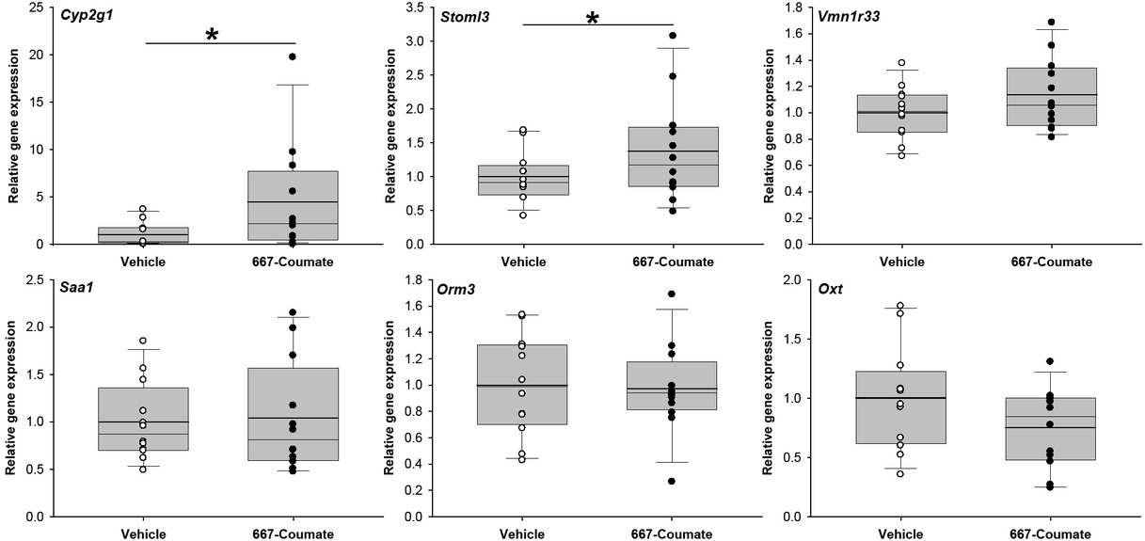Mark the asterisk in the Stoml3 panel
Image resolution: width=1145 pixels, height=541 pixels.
593,19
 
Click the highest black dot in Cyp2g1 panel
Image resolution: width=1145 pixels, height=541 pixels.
293,56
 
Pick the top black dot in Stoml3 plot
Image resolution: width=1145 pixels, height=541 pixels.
673,36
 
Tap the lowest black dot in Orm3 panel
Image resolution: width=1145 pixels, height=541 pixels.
673,481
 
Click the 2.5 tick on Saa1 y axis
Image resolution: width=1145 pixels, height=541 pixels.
43,279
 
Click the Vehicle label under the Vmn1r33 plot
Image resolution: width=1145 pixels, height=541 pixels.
901,262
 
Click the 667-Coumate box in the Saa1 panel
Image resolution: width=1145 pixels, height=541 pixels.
293,414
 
